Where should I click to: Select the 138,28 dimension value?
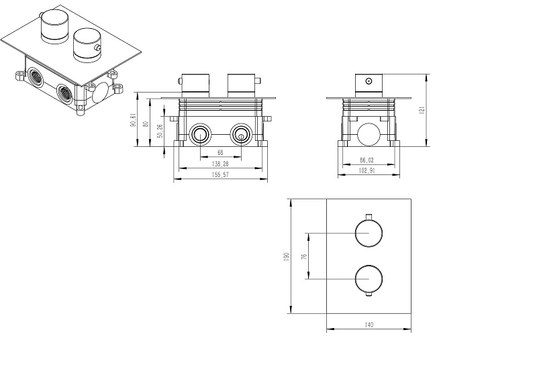coord(219,163)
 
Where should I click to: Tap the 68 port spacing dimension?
coord(219,152)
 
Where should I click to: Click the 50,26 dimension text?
coord(160,131)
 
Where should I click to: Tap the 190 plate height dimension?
coord(286,257)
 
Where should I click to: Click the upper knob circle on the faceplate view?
coord(368,233)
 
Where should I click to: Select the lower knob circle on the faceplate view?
coord(368,277)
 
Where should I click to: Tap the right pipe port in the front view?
coord(240,135)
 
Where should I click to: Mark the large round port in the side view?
coord(368,135)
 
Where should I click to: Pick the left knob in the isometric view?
coord(51,28)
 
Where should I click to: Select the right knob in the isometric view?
coord(86,44)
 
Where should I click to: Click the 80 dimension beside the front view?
coord(147,124)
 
